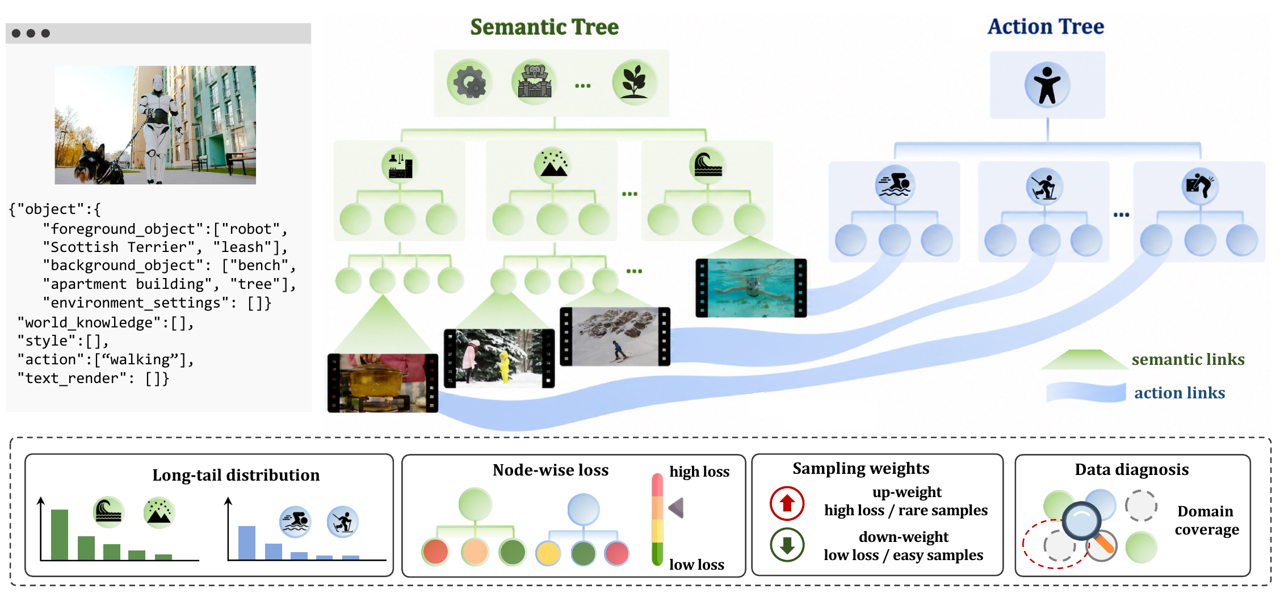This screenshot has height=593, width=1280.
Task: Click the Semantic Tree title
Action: point(544,27)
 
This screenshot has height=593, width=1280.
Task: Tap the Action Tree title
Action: point(1046,26)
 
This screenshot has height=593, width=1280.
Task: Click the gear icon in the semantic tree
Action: point(469,83)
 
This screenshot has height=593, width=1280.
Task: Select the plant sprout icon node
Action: point(635,82)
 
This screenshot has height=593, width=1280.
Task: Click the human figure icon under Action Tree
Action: point(1047,85)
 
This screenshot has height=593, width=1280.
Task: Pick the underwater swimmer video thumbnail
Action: point(751,288)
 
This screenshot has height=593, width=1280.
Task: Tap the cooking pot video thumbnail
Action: point(383,382)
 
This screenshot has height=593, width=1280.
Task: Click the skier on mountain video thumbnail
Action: point(615,337)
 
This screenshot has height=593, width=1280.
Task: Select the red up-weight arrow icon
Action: point(787,503)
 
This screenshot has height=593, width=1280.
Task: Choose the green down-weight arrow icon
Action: point(787,545)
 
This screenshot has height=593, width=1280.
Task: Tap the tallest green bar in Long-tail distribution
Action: point(60,535)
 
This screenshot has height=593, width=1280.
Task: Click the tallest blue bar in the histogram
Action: point(247,543)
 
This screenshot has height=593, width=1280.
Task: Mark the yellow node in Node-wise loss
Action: point(548,553)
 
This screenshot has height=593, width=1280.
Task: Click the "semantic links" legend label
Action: point(1188,359)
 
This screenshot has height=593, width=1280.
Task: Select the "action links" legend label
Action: point(1180,393)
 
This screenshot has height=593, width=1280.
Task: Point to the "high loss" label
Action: point(699,472)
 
